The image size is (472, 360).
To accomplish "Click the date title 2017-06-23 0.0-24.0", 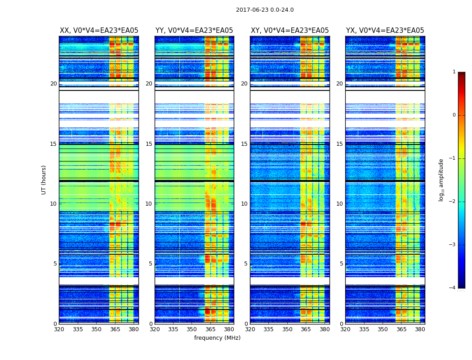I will [265, 10].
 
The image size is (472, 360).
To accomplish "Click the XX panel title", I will [99, 31].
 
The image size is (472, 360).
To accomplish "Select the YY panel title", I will [194, 31].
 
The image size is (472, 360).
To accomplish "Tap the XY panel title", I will [289, 31].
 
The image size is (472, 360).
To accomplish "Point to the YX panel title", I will [385, 31].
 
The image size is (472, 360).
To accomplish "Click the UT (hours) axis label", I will [44, 180].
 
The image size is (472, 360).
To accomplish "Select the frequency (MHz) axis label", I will [217, 338].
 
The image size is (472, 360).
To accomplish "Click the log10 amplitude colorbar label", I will [441, 180].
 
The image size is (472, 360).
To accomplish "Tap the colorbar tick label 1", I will [454, 72].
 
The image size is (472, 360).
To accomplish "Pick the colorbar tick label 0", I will [454, 115].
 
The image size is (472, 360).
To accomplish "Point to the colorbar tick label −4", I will [453, 288].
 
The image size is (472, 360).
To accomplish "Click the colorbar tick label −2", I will [453, 202].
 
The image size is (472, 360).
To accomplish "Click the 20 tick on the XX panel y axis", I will [53, 84].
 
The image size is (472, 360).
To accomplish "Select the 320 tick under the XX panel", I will [59, 329].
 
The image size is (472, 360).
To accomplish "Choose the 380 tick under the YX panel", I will [420, 329].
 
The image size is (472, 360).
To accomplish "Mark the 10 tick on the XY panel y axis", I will [244, 204].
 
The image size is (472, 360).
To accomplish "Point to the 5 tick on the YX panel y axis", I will [341, 264].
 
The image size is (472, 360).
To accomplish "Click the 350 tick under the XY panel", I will [287, 329].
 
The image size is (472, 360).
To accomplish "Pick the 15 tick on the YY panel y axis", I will [149, 144].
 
